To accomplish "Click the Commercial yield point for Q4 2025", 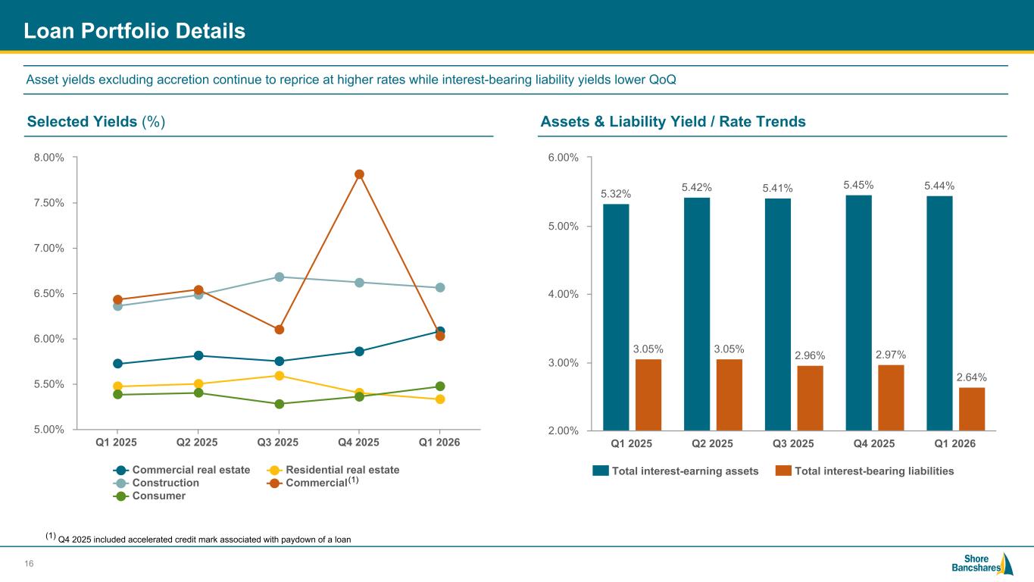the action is (x=359, y=174).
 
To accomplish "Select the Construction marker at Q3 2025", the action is (x=280, y=277).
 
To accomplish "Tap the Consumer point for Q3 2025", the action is (x=280, y=404).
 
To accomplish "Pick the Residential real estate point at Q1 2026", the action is (x=440, y=399).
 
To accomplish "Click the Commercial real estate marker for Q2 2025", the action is (x=198, y=355).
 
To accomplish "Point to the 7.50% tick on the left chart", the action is (x=48, y=203).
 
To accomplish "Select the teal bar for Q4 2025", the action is (x=858, y=313).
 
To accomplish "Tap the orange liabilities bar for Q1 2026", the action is (x=972, y=408).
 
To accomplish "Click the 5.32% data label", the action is (x=616, y=194).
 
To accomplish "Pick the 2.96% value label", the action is (x=810, y=355).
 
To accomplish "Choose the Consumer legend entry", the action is (x=149, y=496).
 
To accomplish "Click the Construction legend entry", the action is (x=156, y=483).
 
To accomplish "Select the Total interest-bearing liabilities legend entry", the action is (x=864, y=471).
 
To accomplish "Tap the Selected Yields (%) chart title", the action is (x=96, y=121).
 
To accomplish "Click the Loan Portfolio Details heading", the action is (x=134, y=31).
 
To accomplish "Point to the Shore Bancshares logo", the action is (x=982, y=564).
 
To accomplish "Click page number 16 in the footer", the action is (x=29, y=564).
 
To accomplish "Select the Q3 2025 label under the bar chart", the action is (x=793, y=443).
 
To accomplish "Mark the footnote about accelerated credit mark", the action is (x=198, y=539).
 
